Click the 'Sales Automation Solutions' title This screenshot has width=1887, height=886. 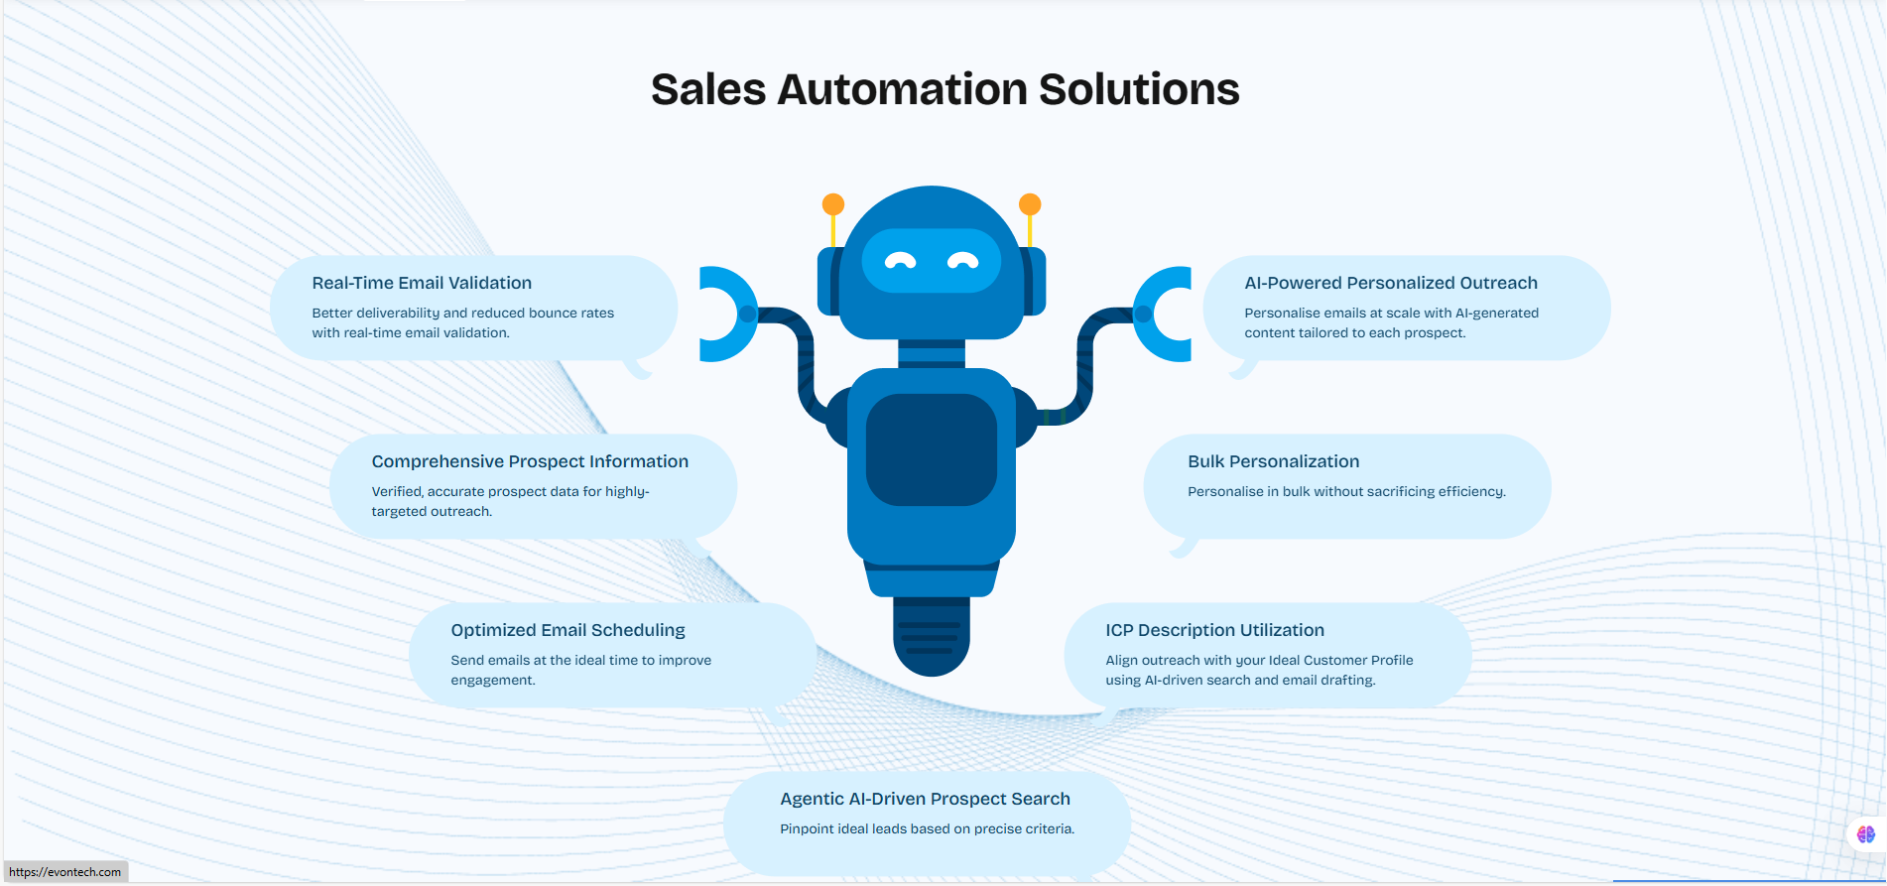point(944,89)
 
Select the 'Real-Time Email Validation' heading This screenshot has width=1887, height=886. point(422,283)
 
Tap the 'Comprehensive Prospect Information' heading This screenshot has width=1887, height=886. point(530,461)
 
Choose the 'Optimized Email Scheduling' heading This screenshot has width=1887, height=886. point(567,630)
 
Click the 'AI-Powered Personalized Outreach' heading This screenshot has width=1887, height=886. point(1391,283)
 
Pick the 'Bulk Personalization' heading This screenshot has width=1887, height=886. point(1273,461)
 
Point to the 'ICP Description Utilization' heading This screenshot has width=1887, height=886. point(1214,630)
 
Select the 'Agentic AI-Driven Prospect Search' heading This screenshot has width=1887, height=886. point(925,799)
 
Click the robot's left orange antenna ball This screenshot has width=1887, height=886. point(833,204)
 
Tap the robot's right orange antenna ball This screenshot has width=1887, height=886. point(1030,204)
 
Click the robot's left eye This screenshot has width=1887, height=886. point(900,261)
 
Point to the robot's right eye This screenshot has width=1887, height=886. point(963,261)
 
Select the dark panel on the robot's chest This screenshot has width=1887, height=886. point(931,449)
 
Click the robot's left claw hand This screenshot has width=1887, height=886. point(722,314)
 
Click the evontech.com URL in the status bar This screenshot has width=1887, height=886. point(65,872)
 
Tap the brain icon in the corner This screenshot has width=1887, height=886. point(1866,834)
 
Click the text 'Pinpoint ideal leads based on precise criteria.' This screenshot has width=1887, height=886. point(927,828)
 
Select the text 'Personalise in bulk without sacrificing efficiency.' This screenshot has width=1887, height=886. point(1346,491)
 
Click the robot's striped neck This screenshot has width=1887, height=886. point(931,353)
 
